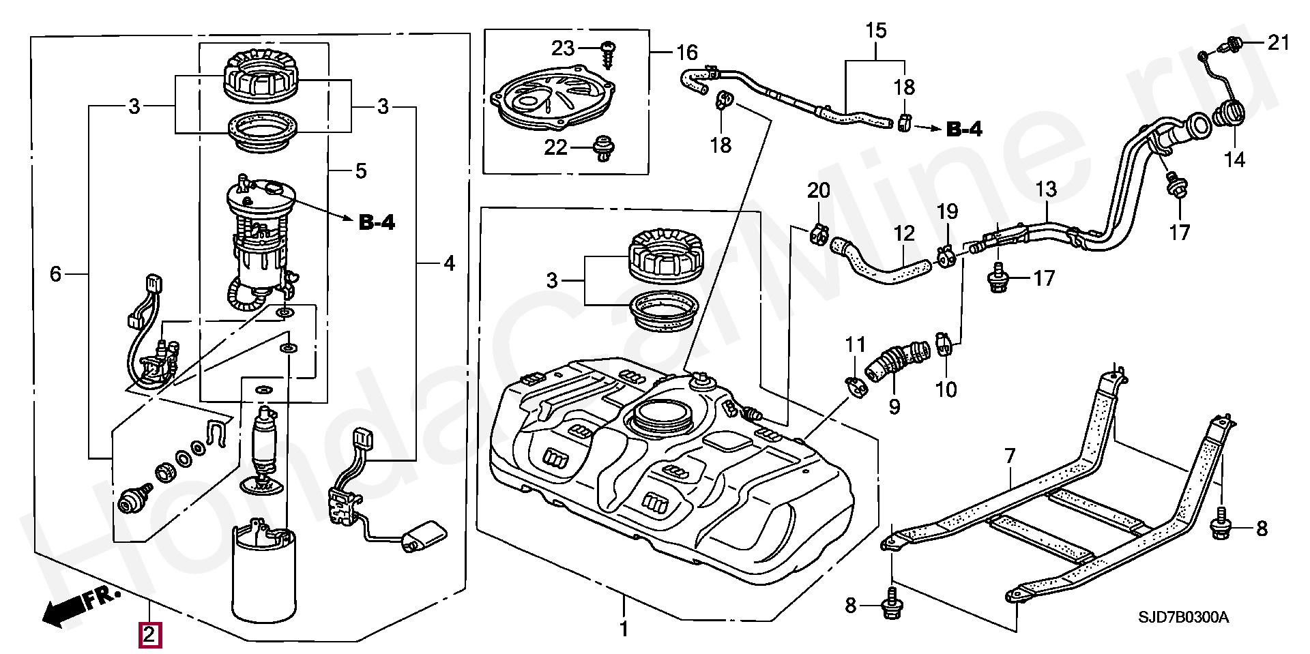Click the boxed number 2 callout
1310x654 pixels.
(150, 636)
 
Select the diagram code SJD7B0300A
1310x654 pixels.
(1183, 618)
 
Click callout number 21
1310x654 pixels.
(1279, 43)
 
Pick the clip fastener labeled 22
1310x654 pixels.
(602, 148)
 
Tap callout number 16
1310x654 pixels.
(687, 52)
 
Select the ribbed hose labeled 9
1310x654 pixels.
(897, 360)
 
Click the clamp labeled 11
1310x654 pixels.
(855, 387)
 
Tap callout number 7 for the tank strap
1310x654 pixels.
(1010, 456)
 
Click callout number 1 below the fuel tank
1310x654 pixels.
(623, 628)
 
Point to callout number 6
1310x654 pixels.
(55, 274)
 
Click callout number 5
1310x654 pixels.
(361, 171)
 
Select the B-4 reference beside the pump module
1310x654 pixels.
(377, 222)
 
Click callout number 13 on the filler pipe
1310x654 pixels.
(1045, 189)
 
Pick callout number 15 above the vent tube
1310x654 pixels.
(876, 31)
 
